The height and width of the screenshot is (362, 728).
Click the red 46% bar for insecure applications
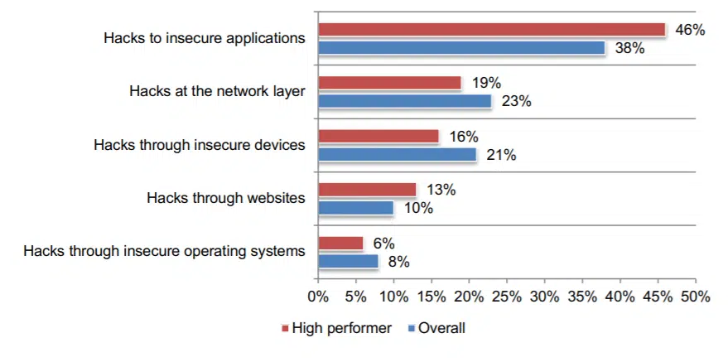[492, 30]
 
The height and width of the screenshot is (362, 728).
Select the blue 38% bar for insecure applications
[461, 48]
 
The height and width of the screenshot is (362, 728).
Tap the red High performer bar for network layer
[389, 83]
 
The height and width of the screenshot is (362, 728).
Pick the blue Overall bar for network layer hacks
[404, 101]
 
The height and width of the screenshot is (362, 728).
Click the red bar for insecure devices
[378, 137]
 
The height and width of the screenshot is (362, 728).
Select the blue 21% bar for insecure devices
[397, 155]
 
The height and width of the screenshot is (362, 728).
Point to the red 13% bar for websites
[367, 190]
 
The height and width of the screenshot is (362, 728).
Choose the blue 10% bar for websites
[355, 208]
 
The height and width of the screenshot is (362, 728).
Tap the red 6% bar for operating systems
[340, 244]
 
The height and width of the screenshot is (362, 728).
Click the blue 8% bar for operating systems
[348, 262]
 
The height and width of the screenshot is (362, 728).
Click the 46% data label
[689, 30]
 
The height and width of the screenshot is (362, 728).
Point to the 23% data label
[515, 102]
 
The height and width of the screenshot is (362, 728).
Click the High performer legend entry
[336, 328]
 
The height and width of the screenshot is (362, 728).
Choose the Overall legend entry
[436, 328]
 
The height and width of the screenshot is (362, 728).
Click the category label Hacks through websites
[225, 198]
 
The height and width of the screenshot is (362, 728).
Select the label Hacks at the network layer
[217, 91]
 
